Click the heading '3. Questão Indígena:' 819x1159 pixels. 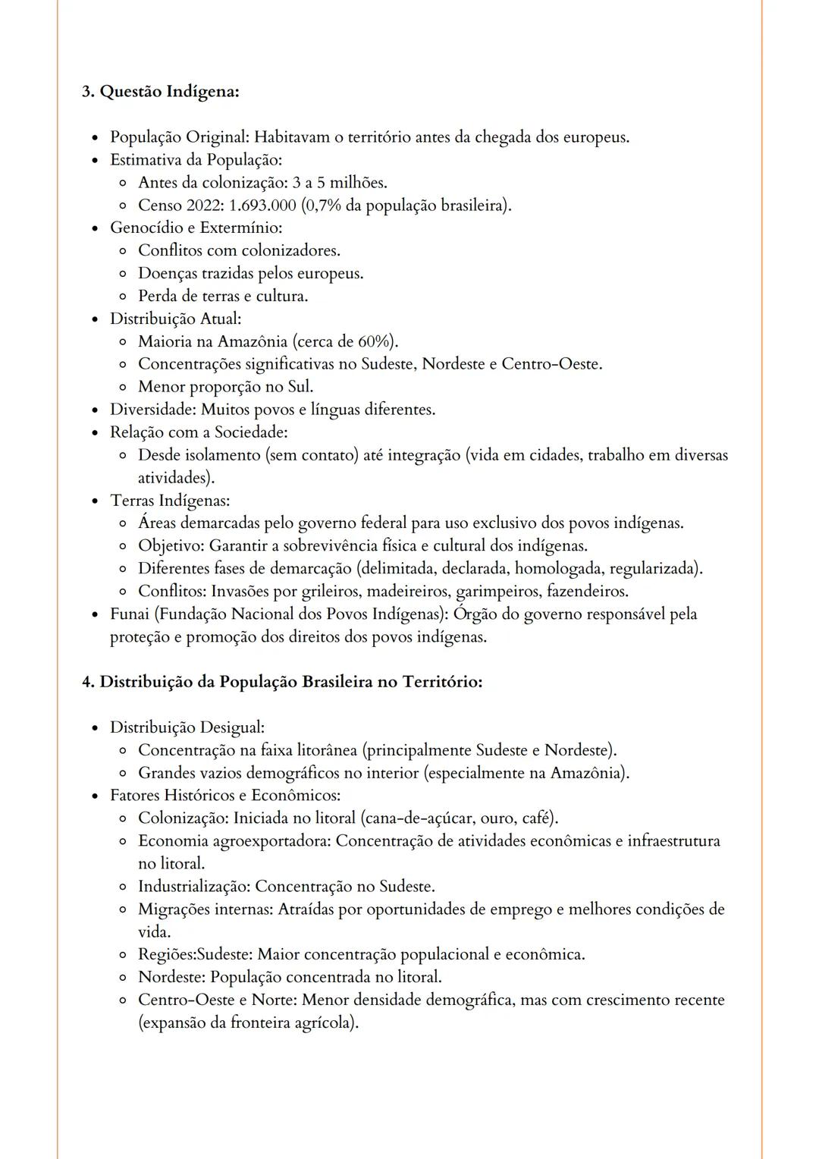(160, 92)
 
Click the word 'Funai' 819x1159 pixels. (130, 614)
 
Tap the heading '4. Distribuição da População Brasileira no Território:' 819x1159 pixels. (281, 682)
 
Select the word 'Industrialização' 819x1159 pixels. (193, 886)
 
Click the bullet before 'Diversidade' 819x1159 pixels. (95, 410)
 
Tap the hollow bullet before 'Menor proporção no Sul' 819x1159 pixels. (122, 388)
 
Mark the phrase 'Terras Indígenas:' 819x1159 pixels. (169, 501)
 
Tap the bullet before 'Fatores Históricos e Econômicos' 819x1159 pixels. (95, 796)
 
